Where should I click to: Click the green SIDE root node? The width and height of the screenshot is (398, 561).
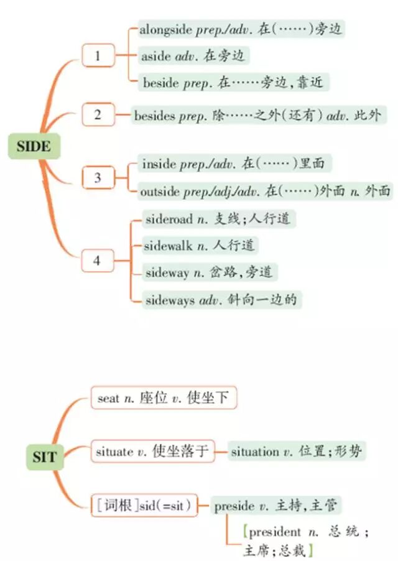point(30,147)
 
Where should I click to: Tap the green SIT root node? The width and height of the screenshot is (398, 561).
point(44,458)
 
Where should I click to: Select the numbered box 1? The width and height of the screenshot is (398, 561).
point(98,56)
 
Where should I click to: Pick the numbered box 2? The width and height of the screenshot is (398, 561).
point(98,115)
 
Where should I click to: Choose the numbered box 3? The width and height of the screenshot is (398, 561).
point(98,178)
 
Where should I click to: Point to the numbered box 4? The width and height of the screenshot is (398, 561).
point(97,260)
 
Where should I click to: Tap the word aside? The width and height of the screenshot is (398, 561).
point(155,56)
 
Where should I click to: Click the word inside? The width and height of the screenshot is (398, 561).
point(159,164)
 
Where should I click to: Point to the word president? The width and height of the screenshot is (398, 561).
point(274,533)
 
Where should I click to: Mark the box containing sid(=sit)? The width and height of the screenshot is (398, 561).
point(144,505)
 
